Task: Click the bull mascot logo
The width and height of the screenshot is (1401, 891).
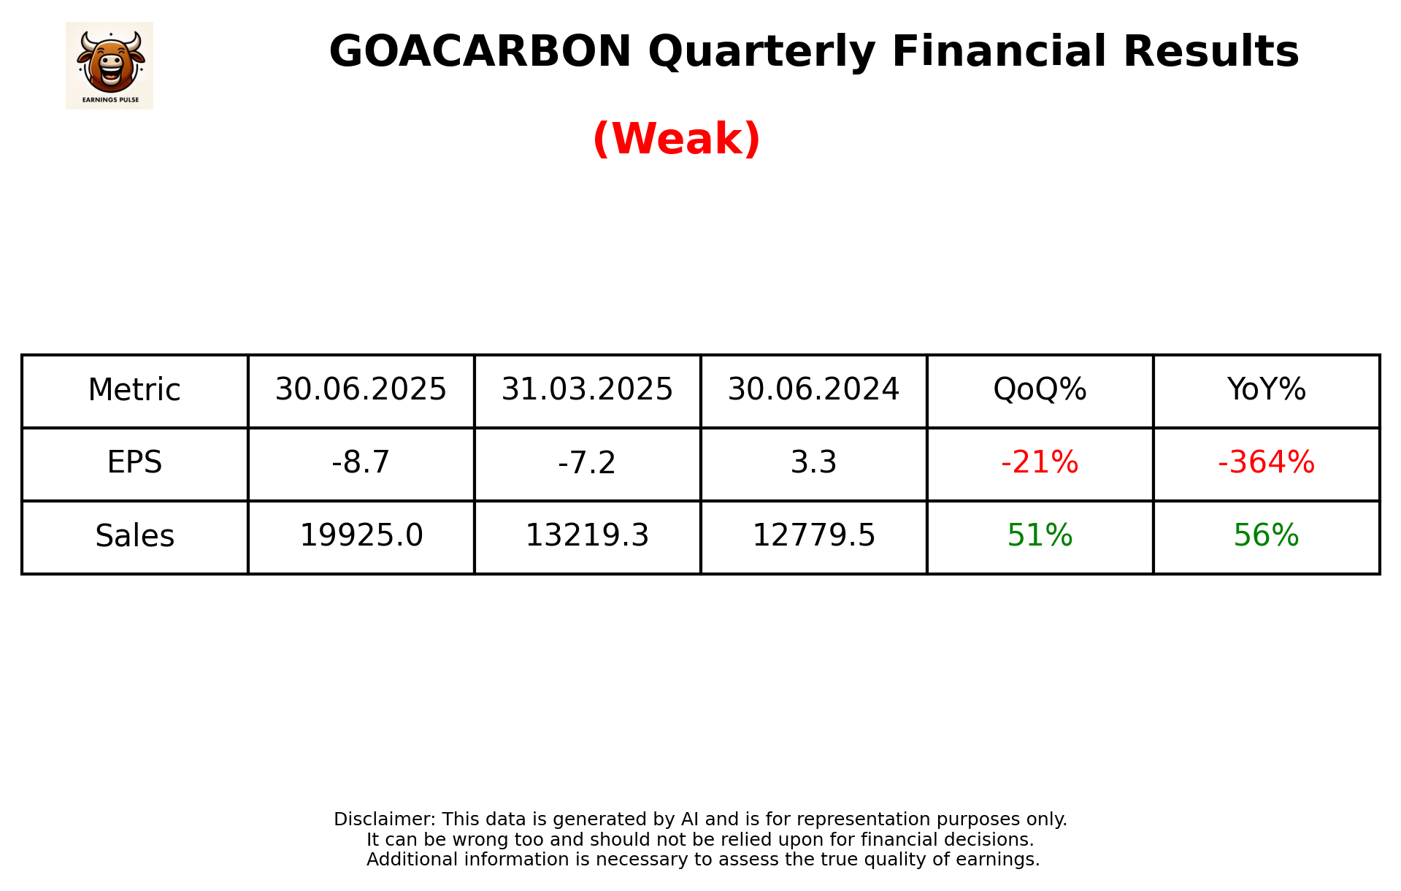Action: [110, 65]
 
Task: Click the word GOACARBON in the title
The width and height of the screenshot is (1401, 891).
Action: [480, 52]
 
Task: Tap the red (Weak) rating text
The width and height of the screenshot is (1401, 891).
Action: [676, 139]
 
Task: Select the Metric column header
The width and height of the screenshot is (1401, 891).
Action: [134, 390]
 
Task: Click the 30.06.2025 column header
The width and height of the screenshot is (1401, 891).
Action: [361, 390]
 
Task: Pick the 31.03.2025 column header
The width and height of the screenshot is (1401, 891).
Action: [587, 390]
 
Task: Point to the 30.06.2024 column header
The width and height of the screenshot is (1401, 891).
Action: [813, 390]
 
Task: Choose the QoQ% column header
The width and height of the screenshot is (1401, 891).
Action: [1040, 390]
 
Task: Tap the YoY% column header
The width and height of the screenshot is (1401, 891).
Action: [1266, 390]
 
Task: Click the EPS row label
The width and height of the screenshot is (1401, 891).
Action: [134, 463]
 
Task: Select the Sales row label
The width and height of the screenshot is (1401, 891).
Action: [134, 536]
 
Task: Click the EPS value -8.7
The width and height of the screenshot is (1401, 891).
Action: [361, 463]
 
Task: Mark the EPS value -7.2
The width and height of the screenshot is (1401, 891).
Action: [587, 463]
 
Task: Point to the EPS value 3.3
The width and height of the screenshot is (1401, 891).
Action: [813, 463]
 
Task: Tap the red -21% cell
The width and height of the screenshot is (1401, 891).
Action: [1040, 463]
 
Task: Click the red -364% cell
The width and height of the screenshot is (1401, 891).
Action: [1266, 463]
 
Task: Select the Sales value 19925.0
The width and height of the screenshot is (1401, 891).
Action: [361, 536]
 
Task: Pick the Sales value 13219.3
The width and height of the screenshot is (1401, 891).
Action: [587, 536]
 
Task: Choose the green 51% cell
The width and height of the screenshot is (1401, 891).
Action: [1040, 536]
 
